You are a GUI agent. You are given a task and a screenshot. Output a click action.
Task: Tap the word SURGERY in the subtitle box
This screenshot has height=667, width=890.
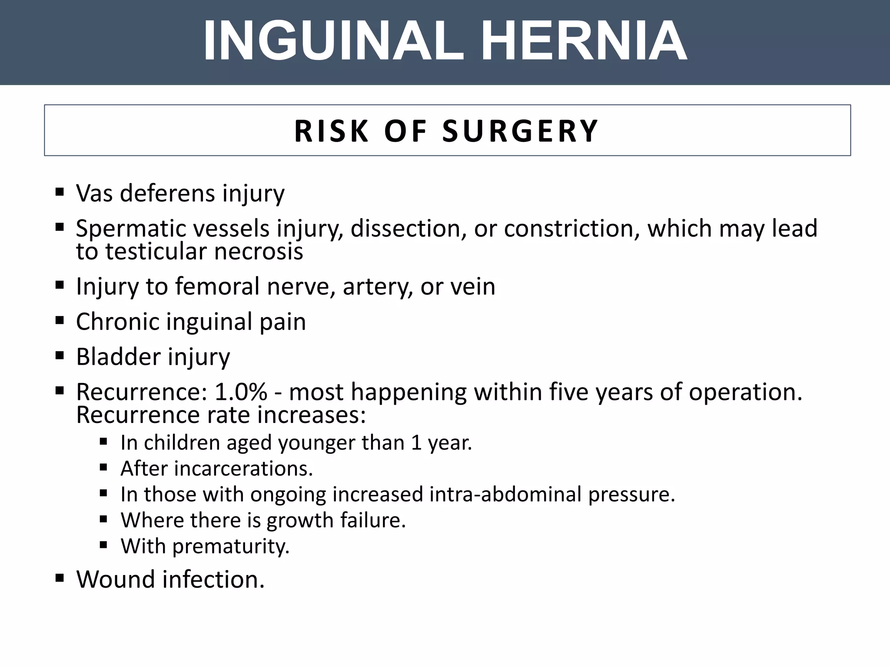coord(521,131)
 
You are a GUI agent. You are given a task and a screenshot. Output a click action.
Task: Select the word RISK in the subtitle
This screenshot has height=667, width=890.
coord(331,131)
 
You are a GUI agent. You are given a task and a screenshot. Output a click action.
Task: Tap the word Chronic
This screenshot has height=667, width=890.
coord(117,322)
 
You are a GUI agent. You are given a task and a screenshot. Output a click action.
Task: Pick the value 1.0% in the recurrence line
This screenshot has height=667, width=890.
coord(241,392)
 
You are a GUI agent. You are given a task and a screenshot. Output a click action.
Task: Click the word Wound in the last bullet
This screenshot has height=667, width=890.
coord(116,579)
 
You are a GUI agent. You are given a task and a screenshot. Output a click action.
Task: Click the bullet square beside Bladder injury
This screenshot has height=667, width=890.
coord(60,356)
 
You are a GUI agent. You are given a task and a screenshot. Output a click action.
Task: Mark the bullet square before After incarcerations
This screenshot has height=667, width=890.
coord(103,468)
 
